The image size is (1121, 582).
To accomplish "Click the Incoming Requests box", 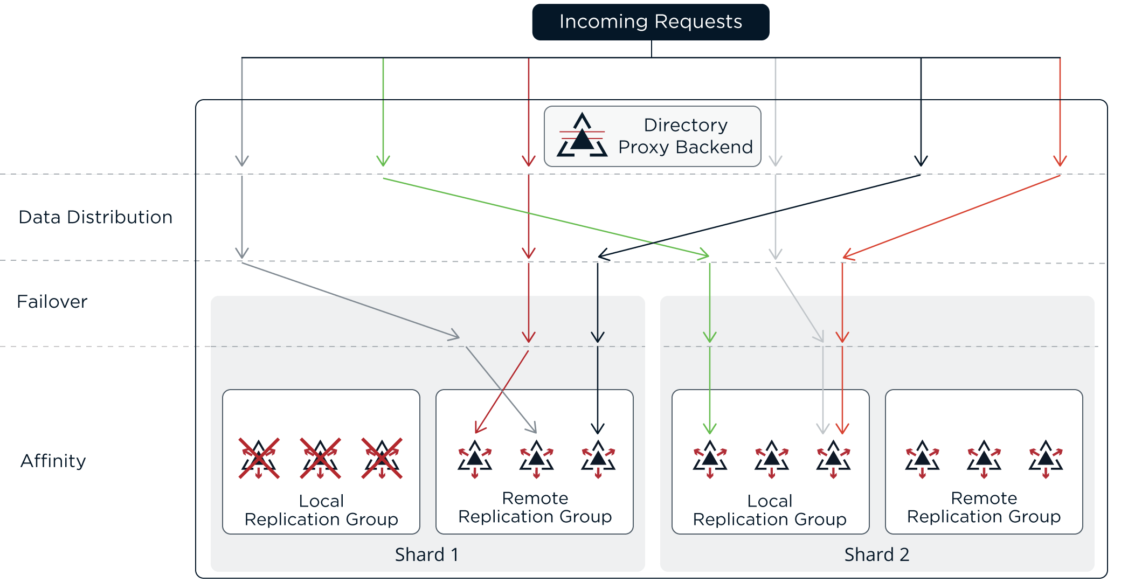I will pos(651,22).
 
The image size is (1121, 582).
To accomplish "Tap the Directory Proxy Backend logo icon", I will pos(582,136).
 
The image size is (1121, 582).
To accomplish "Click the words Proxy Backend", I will pos(685,147).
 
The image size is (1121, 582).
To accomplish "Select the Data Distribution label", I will pos(95,217).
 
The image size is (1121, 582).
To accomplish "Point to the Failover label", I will pos(52,302).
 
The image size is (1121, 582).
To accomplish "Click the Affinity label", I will pos(53,461).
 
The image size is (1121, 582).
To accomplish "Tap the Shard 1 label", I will pos(426,555).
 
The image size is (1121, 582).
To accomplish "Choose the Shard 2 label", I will pos(876,555).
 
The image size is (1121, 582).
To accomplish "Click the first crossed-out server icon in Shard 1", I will pos(259,459).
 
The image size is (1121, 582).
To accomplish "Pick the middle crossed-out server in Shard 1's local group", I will pos(321,459).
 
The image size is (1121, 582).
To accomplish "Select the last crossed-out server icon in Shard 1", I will pos(382,459).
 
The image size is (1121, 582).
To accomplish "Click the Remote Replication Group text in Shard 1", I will pos(535,507).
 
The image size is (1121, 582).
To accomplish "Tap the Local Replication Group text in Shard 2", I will pos(770,510).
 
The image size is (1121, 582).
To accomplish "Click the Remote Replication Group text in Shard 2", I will pos(984,507).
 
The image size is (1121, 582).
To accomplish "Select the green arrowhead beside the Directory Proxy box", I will pos(383,160).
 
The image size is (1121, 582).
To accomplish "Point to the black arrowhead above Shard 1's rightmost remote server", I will pos(598,428).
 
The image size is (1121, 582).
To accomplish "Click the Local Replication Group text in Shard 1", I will pos(321,510).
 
